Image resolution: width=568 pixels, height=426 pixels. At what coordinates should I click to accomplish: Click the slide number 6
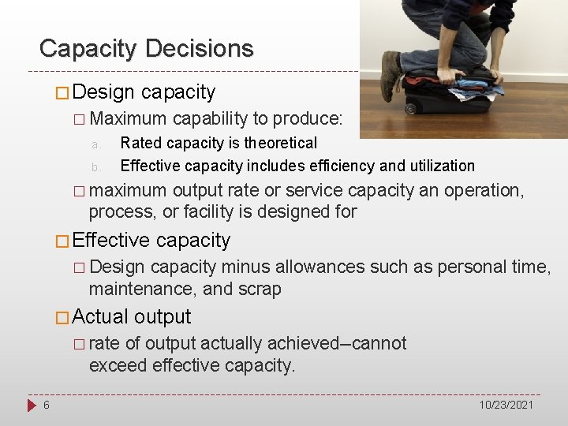point(47,405)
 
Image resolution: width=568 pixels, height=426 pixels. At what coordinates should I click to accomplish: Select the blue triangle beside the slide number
point(31,405)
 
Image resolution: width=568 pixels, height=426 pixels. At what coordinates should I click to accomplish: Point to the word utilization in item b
point(439,166)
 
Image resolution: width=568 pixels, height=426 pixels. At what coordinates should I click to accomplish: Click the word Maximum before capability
point(128,119)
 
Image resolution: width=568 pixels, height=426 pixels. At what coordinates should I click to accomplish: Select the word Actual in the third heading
point(100,317)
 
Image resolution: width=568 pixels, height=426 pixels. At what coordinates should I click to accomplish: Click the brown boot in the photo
point(390,76)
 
